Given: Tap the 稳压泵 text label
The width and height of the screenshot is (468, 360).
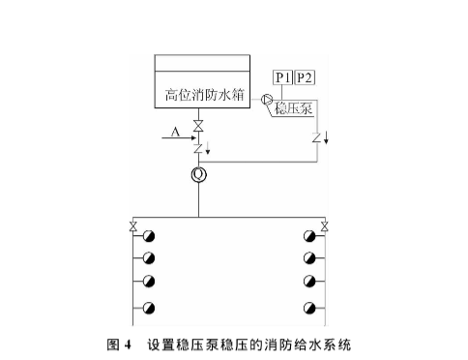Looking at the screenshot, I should [x=293, y=109].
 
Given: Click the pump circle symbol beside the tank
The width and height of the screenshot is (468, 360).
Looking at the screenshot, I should [x=266, y=99].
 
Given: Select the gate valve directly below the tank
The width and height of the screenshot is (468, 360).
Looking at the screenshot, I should [x=198, y=126].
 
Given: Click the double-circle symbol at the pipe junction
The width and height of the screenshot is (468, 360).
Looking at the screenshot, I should [x=198, y=174].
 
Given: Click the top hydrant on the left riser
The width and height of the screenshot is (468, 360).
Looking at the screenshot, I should [x=149, y=236].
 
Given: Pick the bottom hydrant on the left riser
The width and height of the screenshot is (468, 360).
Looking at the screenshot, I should [x=149, y=309].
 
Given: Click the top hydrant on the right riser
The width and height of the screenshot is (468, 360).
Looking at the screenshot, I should [x=308, y=236].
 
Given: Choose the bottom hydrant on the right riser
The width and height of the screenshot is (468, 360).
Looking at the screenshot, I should [x=308, y=309].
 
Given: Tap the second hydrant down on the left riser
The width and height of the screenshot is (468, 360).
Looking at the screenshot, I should [x=149, y=258].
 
